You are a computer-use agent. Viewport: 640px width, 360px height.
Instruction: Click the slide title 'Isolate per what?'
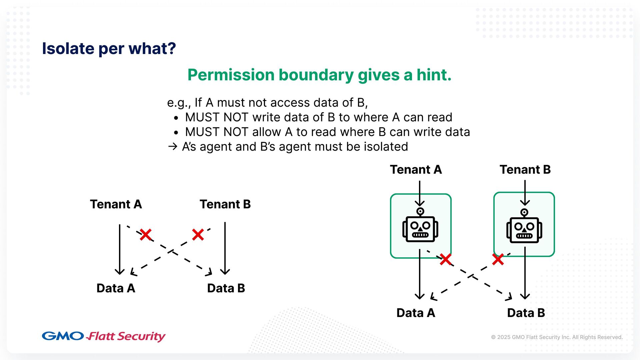tap(109, 49)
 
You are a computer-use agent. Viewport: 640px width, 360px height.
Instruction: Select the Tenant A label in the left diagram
tap(116, 204)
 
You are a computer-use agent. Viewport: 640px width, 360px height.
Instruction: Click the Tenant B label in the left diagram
tap(225, 204)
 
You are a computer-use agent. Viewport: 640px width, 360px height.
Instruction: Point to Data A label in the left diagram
tap(116, 288)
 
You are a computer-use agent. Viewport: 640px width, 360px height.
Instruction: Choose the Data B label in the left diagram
tap(226, 288)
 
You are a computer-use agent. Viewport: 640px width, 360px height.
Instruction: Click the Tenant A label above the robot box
tap(416, 169)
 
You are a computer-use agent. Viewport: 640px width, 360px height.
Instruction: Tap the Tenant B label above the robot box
tap(525, 169)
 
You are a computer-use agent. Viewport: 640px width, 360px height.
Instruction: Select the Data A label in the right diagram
tap(416, 313)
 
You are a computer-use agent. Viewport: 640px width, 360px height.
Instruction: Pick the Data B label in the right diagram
tap(526, 313)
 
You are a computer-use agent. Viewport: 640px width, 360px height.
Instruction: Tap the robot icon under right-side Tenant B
tap(524, 226)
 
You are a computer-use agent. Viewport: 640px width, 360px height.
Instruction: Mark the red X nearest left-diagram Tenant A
tap(146, 235)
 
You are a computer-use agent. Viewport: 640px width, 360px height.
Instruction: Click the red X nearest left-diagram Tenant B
tap(198, 235)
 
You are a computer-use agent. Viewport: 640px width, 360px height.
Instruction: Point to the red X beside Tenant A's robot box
tap(446, 259)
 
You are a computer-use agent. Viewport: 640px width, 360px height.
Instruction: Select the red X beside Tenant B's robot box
tap(498, 259)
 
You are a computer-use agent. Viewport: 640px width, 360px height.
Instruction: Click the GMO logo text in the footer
tap(63, 336)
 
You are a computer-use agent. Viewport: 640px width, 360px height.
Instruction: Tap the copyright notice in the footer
tap(557, 337)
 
